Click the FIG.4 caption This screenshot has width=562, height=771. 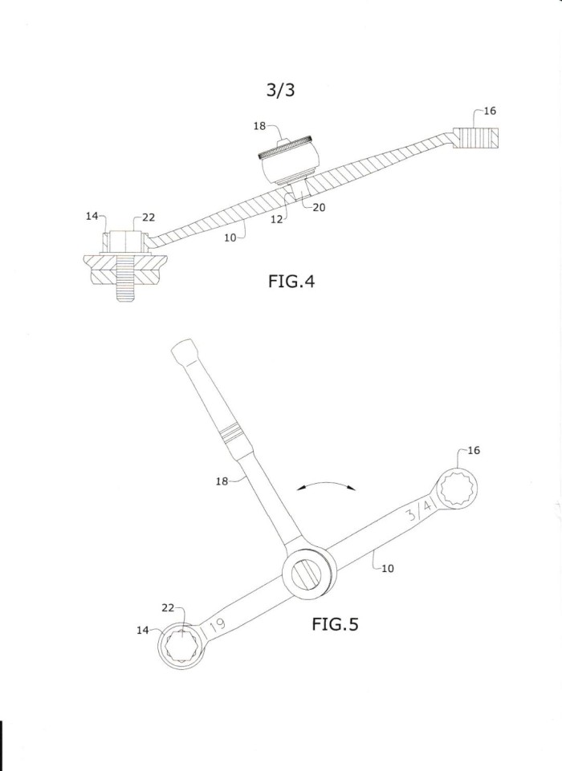(x=291, y=282)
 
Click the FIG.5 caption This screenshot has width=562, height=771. (x=335, y=624)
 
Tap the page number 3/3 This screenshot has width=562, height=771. (x=281, y=90)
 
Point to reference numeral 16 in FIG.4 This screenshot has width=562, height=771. (x=490, y=111)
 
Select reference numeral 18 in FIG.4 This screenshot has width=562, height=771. (x=259, y=126)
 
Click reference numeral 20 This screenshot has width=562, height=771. (x=319, y=208)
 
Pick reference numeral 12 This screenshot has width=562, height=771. (x=276, y=219)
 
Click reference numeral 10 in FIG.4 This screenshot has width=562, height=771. (x=230, y=237)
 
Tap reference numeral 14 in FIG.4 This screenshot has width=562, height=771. (x=92, y=216)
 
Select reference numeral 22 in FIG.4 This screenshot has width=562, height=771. (x=149, y=217)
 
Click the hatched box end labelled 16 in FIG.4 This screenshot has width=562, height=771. (x=476, y=139)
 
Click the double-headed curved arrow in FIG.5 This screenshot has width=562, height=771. (x=327, y=483)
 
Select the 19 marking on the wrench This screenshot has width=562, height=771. (x=217, y=626)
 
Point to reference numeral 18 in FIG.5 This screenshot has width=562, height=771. (x=222, y=481)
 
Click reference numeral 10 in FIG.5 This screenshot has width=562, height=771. (x=388, y=568)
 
